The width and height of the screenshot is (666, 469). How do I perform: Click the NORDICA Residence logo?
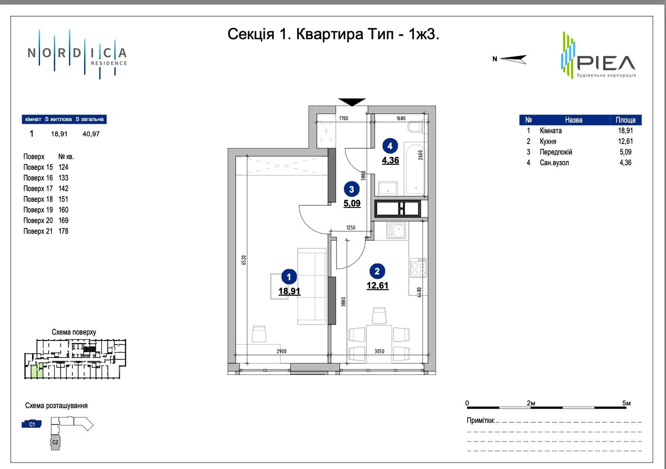tap(77, 55)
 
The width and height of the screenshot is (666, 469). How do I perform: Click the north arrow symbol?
tap(513, 59)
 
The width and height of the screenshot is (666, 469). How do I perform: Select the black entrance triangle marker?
tap(352, 102)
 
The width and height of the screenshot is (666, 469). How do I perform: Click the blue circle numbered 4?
tap(390, 146)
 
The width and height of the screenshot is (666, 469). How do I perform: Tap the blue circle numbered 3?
tap(351, 189)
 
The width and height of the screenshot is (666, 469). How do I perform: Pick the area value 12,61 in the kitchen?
tap(377, 285)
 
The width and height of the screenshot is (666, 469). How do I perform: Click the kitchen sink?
tap(396, 231)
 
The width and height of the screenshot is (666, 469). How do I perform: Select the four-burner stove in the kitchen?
tap(418, 268)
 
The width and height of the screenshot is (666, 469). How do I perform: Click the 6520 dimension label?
tap(244, 260)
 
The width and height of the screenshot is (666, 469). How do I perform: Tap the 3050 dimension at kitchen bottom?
tap(379, 351)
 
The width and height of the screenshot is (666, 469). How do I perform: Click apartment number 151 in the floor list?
tap(63, 199)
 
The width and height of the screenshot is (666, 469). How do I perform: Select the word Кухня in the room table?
tap(548, 141)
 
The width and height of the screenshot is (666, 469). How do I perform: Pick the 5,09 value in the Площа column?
tap(625, 152)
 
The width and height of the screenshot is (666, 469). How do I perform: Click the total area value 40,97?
tap(91, 134)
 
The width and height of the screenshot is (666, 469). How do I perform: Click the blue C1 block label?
tap(32, 424)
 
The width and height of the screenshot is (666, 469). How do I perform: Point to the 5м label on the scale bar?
tap(626, 403)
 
